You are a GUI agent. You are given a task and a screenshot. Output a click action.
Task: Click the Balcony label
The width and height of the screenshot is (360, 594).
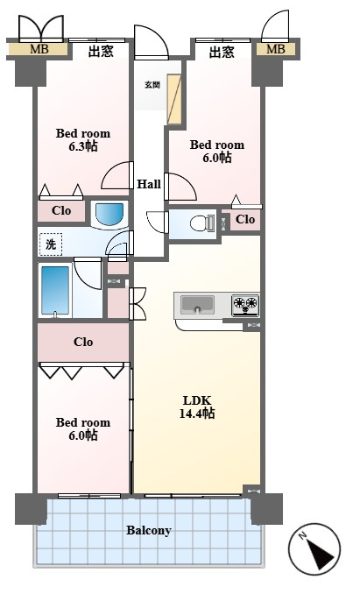coord(148,530)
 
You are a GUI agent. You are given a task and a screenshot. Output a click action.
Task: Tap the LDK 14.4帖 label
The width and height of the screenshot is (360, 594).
coord(196,407)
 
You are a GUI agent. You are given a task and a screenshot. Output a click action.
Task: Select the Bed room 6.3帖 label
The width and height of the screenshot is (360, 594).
coord(83,139)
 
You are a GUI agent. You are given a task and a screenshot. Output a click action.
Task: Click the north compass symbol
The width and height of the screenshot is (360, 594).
coord(314,548)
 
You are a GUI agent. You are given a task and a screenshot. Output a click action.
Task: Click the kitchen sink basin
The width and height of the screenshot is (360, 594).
coord(197,304)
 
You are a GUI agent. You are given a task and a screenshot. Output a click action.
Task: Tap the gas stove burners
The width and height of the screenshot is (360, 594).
coord(245,305)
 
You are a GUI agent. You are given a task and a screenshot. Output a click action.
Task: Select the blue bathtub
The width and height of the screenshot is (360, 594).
coord(55,290)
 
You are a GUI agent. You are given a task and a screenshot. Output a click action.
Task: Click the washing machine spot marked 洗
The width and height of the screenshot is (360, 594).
coord(51,244)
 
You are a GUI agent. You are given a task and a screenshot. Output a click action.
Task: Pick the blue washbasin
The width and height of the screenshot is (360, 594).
coord(109,215)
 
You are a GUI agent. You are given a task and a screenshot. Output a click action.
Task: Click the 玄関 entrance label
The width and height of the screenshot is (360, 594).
coord(152,84)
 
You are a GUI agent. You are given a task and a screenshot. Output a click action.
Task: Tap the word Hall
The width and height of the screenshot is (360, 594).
coord(149,185)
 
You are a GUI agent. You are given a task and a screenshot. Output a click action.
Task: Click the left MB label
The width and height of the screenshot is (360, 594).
coord(39,49)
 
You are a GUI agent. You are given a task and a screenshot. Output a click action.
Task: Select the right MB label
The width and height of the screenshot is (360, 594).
coord(275,49)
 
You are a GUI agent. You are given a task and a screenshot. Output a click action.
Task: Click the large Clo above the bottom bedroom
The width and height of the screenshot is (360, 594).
coord(83,342)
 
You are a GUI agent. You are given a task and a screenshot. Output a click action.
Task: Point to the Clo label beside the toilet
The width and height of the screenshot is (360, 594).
coord(245,219)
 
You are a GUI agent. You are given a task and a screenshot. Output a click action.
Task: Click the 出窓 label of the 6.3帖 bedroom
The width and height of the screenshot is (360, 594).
coord(101,51)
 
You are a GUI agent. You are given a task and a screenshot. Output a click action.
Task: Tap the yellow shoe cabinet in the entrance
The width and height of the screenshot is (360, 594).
coord(174,99)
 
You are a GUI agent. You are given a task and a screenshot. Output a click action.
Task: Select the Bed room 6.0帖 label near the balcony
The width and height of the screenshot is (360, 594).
coord(83,428)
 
